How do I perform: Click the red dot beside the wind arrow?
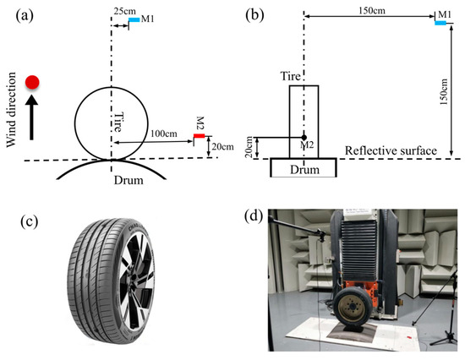point(33,82)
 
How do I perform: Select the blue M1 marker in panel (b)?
point(440,23)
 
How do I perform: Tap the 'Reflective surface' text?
point(390,151)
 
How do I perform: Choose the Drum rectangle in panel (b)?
point(304,166)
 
